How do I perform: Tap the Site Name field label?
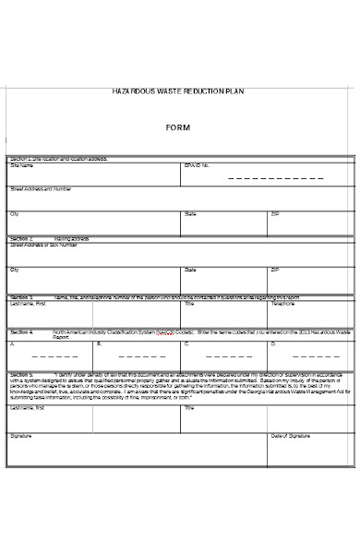(x=21, y=166)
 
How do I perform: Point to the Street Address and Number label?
(x=41, y=189)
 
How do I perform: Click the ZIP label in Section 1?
(x=275, y=213)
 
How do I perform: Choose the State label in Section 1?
(x=191, y=213)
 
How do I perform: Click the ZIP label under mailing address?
(x=275, y=270)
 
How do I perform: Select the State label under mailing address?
(x=191, y=270)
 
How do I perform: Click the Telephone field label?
(x=283, y=303)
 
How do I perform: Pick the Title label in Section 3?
(x=189, y=303)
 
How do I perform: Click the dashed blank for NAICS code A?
(x=42, y=354)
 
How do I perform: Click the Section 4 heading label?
(x=22, y=331)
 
